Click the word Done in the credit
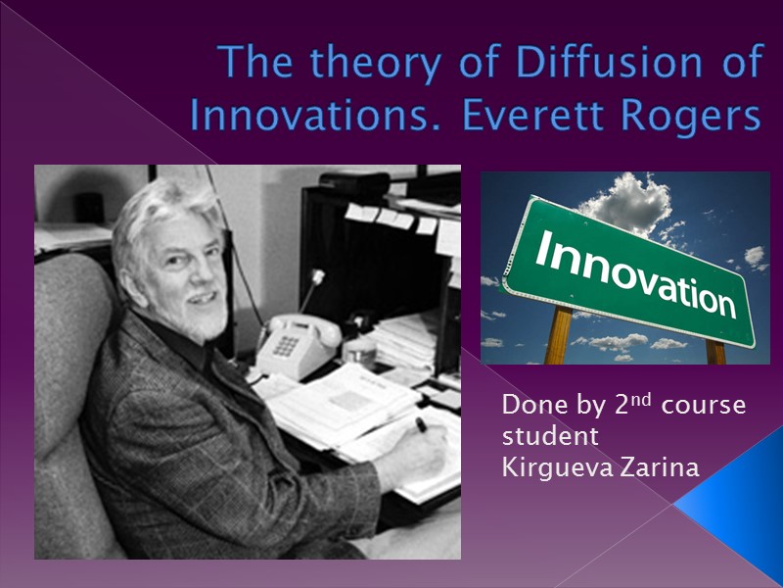tap(527, 405)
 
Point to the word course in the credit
tap(704, 405)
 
